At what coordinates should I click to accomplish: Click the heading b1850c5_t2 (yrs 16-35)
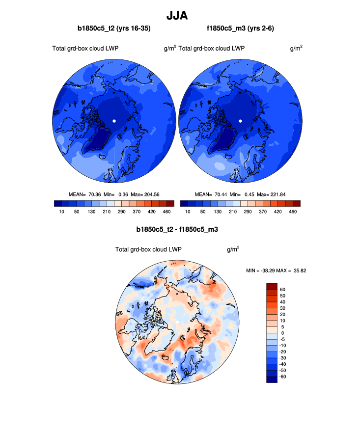114,29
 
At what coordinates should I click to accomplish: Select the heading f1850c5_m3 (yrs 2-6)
240,29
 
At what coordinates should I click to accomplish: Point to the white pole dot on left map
114,121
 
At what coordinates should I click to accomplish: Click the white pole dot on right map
240,121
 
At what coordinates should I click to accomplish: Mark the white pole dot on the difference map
177,322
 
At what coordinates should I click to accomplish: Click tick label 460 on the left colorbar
166,212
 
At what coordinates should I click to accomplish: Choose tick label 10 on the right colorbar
188,212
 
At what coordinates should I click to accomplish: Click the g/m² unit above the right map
296,48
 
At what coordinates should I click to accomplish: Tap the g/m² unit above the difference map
233,249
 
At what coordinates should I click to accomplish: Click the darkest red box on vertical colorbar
272,286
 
